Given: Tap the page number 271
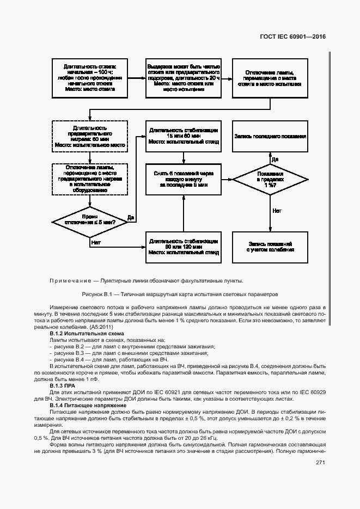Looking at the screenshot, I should (320, 463).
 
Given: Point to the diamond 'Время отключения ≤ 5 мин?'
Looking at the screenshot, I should (89, 222).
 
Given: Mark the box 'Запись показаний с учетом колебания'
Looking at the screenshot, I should (271, 246).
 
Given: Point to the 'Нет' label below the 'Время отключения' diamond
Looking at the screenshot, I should (96, 242).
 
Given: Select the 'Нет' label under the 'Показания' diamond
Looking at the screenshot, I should (277, 210).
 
